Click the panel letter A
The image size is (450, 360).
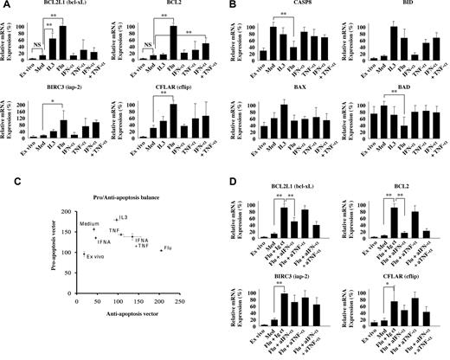pos(5,5)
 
